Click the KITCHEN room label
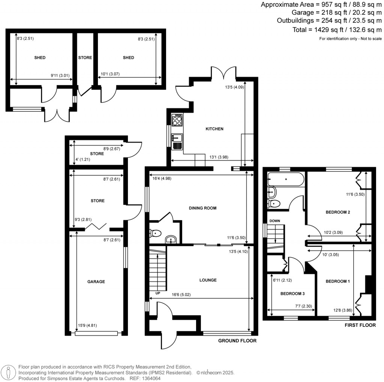click(214, 129)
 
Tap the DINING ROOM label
click(203, 208)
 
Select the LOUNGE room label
click(208, 280)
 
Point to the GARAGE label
click(96, 281)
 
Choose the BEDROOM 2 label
click(337, 212)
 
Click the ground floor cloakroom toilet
click(155, 234)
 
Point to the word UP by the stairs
click(157, 293)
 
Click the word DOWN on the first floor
click(273, 221)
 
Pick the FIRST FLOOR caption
click(360, 325)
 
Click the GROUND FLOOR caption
click(237, 341)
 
